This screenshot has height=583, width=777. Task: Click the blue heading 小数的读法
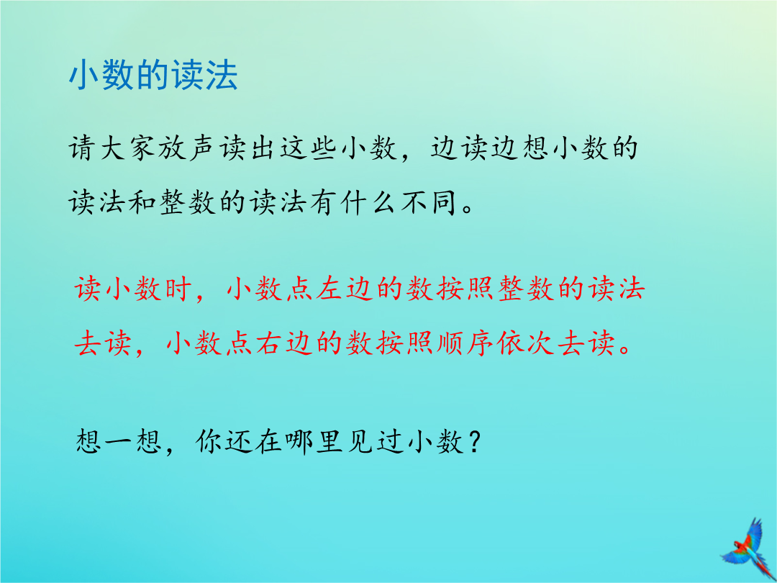(x=153, y=76)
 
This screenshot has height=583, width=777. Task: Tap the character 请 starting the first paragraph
(x=82, y=148)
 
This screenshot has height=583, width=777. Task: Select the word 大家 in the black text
(x=128, y=148)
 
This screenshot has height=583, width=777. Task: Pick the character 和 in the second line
(x=142, y=202)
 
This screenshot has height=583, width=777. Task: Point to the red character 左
(x=330, y=289)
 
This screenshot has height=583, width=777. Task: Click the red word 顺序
(x=463, y=343)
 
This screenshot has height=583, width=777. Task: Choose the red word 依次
(x=524, y=343)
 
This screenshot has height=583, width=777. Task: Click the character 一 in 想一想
(x=119, y=440)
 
